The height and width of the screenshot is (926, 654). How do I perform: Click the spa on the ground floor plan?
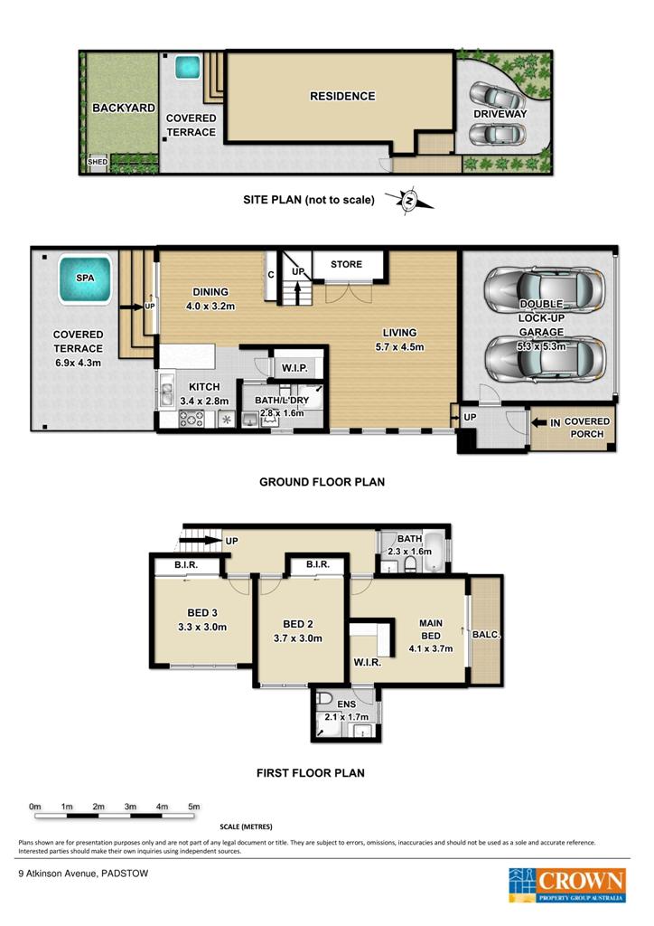[85, 279]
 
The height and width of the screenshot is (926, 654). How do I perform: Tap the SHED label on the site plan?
[98, 162]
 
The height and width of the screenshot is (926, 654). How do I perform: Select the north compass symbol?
[409, 202]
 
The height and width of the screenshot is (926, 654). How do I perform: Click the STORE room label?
[346, 264]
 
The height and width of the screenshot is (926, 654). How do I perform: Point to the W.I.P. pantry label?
[294, 368]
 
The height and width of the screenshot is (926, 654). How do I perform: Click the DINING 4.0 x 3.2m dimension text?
[210, 306]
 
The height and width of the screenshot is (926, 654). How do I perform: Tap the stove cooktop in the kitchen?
[192, 419]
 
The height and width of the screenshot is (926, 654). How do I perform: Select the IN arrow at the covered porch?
[540, 423]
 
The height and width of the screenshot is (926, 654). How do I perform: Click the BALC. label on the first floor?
[486, 635]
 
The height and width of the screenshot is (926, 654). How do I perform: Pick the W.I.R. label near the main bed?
[367, 662]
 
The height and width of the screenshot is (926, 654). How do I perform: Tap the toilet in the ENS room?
[323, 700]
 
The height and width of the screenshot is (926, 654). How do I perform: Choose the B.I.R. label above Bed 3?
[186, 565]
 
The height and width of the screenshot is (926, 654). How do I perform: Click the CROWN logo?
[566, 884]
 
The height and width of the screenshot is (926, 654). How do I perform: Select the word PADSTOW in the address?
[125, 874]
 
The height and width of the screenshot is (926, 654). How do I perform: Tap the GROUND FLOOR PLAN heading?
[322, 482]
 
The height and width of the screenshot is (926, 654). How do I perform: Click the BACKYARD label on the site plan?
[124, 109]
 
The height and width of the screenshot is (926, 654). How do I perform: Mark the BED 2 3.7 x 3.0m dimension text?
[298, 638]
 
